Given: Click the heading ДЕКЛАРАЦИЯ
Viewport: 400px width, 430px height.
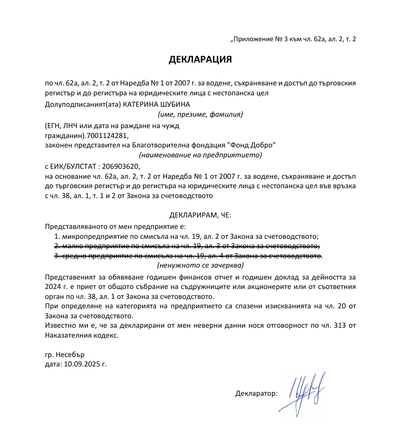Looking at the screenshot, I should coord(200,60).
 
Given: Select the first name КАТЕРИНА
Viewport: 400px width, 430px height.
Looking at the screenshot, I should coord(140,105).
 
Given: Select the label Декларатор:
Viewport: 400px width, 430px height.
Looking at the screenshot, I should coord(256,394).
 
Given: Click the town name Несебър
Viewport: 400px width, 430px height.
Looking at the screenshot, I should coord(71,355).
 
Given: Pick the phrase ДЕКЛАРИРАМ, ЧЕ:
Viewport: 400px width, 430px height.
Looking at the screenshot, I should coord(200,215).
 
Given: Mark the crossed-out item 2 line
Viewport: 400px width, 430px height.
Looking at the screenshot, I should coord(187,246).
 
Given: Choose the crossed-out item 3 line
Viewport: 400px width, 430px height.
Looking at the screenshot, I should coord(188,256).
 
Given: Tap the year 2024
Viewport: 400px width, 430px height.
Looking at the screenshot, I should coord(53,287).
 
